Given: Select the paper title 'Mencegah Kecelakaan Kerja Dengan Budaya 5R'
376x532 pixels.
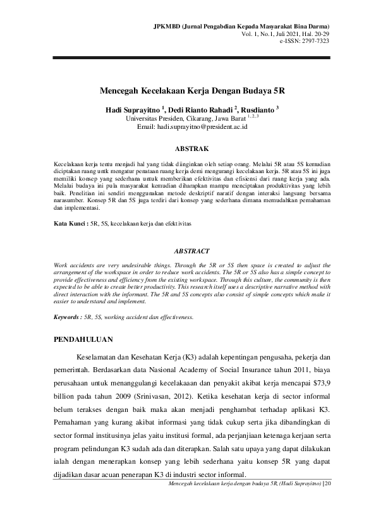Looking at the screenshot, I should click(x=188, y=90).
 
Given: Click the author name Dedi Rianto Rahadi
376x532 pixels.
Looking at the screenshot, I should click(x=193, y=109).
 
